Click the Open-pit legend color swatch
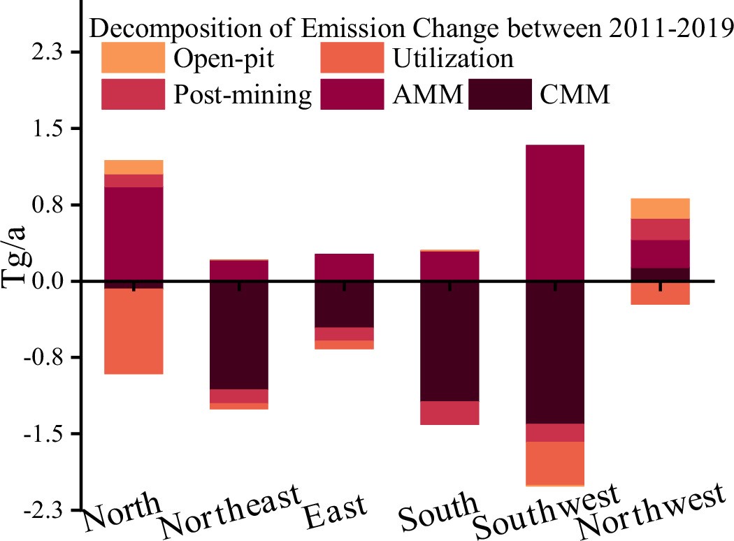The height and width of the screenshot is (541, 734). point(133,58)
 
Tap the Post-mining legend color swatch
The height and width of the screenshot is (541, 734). point(133,94)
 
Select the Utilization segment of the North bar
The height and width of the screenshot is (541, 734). point(134,331)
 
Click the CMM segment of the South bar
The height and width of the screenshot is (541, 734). point(449,342)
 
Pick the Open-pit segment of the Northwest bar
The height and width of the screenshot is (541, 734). point(660,208)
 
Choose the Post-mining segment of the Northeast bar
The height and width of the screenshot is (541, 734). point(239,396)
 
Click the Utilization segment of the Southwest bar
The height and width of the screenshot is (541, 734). point(554,463)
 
